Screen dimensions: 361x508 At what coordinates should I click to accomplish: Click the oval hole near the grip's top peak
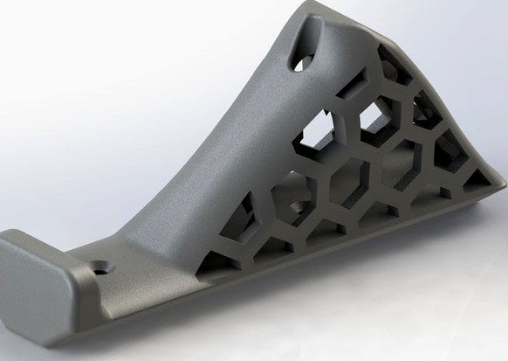(x=301, y=62)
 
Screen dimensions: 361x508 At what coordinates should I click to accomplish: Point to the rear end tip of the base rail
(x=501, y=187)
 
